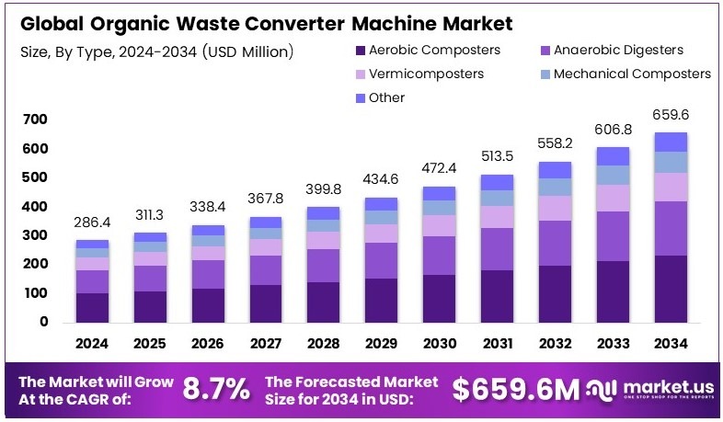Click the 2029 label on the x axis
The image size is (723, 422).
pyautogui.click(x=381, y=343)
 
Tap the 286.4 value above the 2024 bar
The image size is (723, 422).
pyautogui.click(x=93, y=223)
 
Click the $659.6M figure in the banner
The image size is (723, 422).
pyautogui.click(x=516, y=389)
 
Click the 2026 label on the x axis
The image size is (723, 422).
pyautogui.click(x=209, y=343)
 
